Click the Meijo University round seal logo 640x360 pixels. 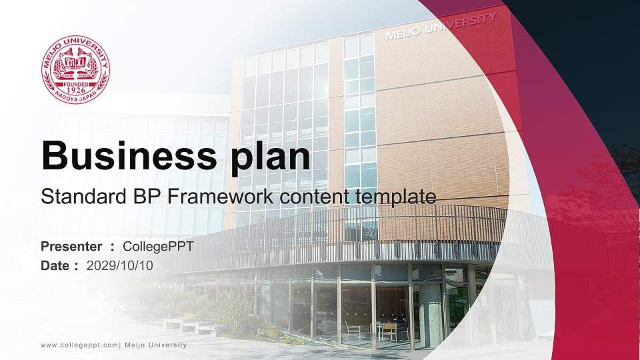pos(75,69)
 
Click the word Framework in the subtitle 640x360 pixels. pos(211,197)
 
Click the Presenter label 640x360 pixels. pos(71,247)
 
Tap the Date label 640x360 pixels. pos(55,265)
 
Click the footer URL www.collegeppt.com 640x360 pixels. pos(79,345)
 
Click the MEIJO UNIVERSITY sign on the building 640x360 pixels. pos(441,27)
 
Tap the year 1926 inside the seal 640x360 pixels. pos(75,90)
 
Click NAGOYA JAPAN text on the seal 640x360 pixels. pos(75,99)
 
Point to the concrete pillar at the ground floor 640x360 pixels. pos(430,313)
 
